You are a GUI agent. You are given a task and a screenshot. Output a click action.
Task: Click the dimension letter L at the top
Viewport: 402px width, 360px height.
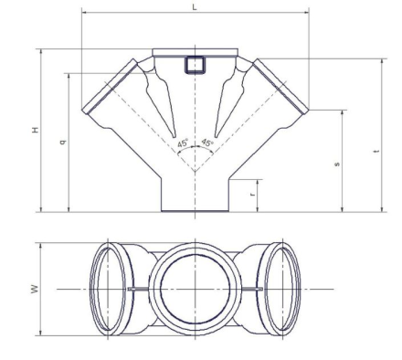pyautogui.click(x=195, y=7)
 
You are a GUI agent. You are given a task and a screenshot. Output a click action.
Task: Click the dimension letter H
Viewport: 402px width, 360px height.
pyautogui.click(x=36, y=130)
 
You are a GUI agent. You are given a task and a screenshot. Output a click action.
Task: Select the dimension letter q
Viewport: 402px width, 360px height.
pyautogui.click(x=63, y=142)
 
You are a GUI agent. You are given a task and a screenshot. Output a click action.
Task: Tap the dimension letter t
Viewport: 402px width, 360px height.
pyautogui.click(x=377, y=151)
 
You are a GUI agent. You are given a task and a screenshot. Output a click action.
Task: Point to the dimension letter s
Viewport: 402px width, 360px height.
pyautogui.click(x=337, y=164)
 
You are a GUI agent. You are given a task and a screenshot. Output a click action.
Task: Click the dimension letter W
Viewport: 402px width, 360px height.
pyautogui.click(x=36, y=289)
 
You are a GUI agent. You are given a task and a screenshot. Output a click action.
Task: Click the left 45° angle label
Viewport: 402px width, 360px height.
pyautogui.click(x=183, y=143)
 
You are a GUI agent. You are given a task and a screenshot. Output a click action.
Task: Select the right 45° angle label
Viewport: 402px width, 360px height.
pyautogui.click(x=207, y=143)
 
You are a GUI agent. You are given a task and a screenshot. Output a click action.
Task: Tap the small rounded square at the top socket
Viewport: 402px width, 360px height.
pyautogui.click(x=195, y=65)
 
